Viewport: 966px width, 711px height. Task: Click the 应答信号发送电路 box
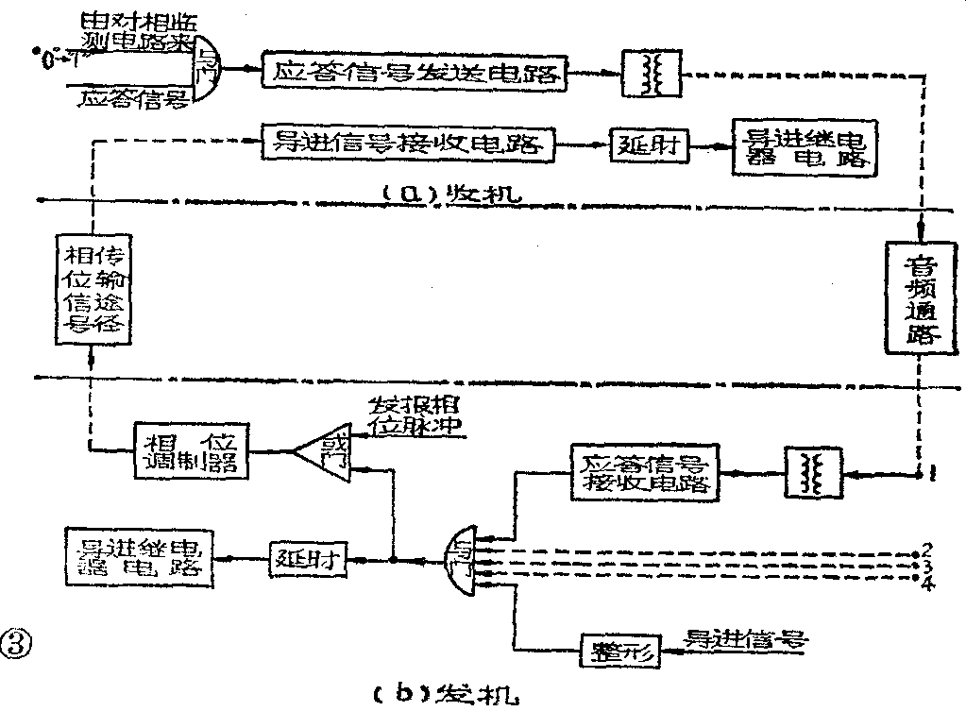(415, 72)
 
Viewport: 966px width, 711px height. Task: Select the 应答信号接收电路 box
(647, 470)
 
